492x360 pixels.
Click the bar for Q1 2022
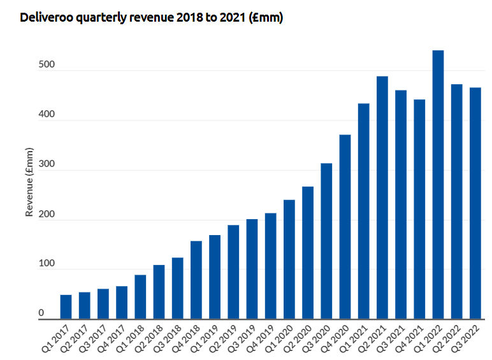(438, 185)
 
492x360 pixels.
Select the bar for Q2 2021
(382, 198)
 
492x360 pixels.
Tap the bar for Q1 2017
(66, 306)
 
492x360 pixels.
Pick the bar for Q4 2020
(345, 227)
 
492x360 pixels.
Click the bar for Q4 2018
(196, 280)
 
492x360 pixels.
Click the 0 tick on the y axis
(41, 313)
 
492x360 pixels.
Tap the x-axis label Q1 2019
(206, 338)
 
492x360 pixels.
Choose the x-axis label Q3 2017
(94, 338)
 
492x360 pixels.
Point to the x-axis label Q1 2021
(355, 338)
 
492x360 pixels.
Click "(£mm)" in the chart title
(266, 18)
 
